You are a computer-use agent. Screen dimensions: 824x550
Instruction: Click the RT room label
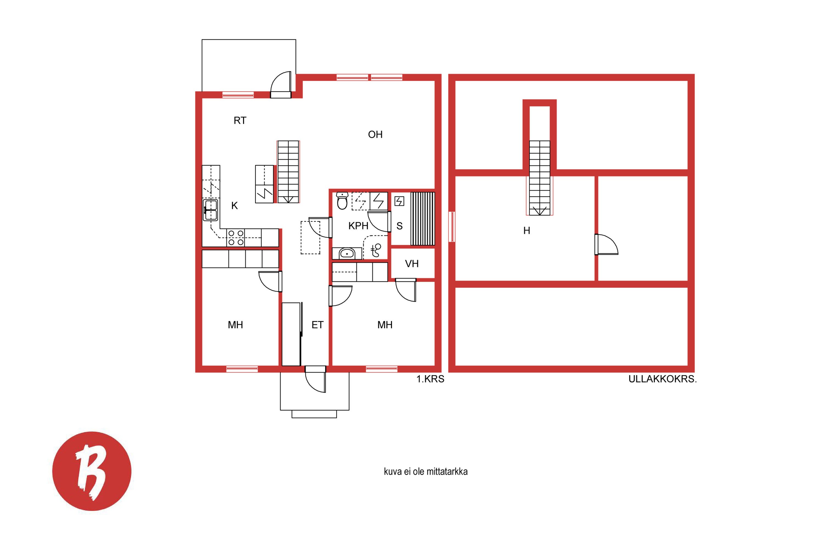coord(240,121)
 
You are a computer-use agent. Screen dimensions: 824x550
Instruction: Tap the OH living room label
coord(375,134)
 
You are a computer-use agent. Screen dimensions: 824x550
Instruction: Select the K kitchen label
coord(234,205)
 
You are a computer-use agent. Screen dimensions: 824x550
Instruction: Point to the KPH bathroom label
coord(358,226)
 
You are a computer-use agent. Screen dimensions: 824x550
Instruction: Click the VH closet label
coord(412,264)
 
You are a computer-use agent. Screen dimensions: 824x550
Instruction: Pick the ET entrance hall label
coord(318,325)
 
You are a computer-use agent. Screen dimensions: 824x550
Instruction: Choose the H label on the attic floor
coord(527,230)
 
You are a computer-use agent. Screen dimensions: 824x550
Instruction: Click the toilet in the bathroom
coord(342,201)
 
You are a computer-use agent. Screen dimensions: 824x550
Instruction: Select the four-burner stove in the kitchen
coord(235,238)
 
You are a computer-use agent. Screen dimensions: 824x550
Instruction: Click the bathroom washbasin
coord(347,253)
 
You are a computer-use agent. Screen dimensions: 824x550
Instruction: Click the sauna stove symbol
coord(399,201)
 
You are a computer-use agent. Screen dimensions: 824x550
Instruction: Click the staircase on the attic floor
coord(539,178)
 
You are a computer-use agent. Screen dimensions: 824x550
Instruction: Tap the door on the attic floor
coord(606,244)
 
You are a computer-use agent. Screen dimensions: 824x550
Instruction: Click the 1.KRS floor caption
coord(430,379)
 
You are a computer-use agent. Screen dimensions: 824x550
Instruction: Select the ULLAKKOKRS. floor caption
coord(662,379)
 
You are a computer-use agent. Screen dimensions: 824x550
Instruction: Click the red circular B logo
coord(92,471)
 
